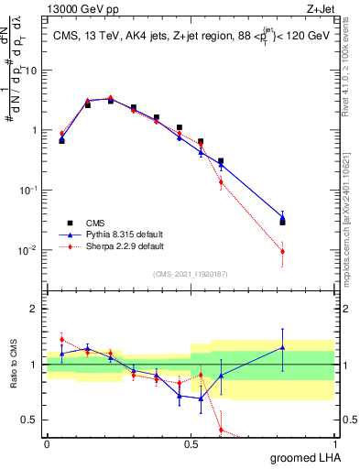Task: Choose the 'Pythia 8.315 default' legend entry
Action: pos(112,234)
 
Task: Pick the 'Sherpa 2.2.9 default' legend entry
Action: pos(112,246)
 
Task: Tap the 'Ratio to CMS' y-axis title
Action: pos(16,366)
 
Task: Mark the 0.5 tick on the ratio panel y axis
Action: pos(33,420)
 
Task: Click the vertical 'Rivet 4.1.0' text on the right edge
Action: pos(352,82)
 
